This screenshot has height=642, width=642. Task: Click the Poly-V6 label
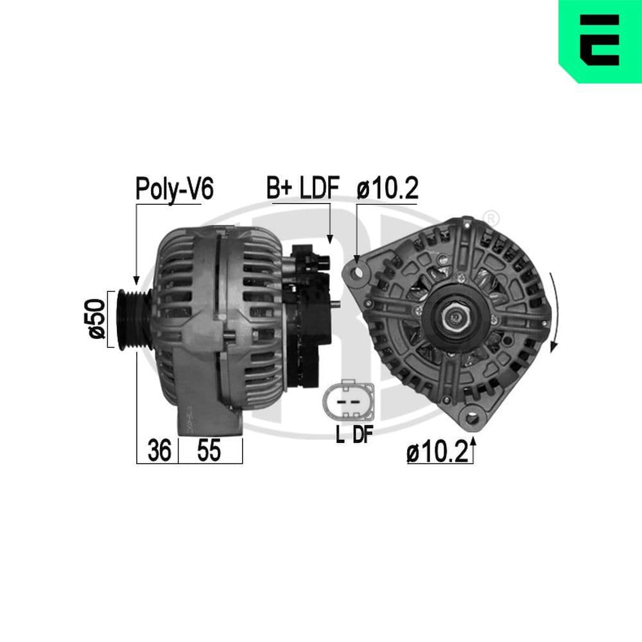coord(173,189)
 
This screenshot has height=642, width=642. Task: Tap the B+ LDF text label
coord(302,189)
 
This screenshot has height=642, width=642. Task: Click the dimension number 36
coord(159,451)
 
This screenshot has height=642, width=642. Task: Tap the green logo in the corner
coord(600,41)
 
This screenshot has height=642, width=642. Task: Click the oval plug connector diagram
coord(347,401)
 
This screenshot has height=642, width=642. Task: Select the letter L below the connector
coord(340,435)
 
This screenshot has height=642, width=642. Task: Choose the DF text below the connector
coord(362,435)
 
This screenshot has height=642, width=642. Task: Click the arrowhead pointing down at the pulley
coord(136,280)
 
